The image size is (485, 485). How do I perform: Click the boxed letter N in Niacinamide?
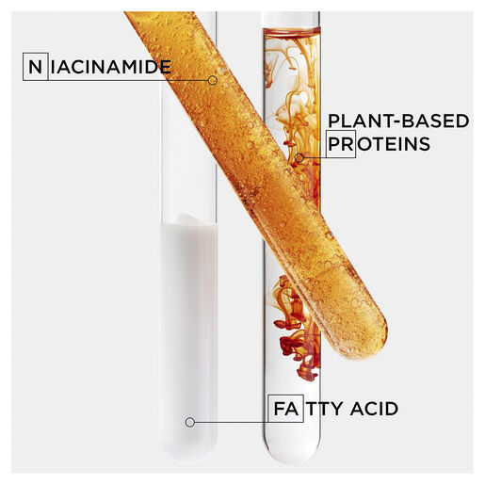point(36,67)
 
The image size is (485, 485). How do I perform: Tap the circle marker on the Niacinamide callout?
point(213,80)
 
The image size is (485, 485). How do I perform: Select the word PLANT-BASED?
point(398,121)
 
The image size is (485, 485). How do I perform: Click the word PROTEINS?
point(379,144)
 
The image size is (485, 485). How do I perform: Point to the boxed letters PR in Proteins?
point(341,144)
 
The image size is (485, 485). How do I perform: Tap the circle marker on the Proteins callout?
point(299,157)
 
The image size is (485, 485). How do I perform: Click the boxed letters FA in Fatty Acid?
point(285,409)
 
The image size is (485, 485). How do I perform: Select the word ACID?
point(374,409)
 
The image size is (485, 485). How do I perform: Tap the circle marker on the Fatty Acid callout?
point(190,422)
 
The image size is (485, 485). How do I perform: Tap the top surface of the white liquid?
point(189,220)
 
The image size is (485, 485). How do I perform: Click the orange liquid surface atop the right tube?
point(292,31)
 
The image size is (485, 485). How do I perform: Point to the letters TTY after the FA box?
point(325,409)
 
